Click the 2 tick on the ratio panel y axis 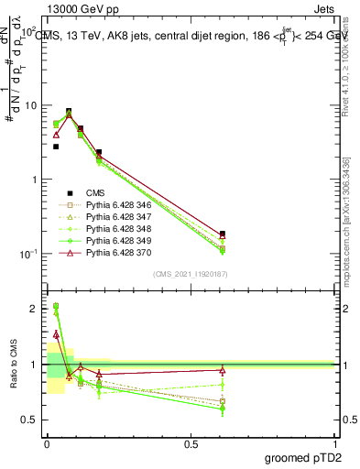(34, 309)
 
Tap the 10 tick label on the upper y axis (29, 105)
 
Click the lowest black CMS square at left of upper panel (56, 147)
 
